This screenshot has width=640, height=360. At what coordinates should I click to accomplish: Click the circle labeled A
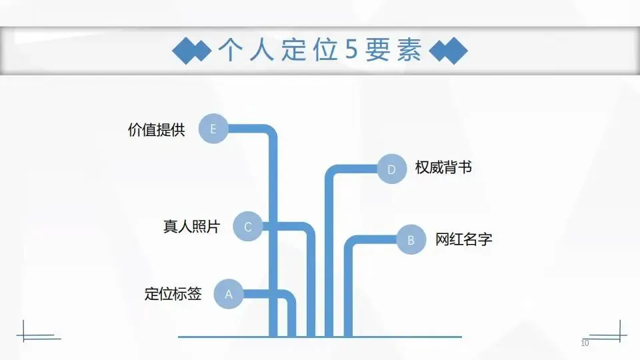[x=229, y=294]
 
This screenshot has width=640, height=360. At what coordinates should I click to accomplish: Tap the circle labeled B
[x=411, y=240]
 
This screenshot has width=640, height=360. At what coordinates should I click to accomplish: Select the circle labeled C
[x=247, y=227]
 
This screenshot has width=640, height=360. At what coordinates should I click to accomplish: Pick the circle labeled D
[x=391, y=169]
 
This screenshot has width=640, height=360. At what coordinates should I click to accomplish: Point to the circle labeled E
[x=213, y=129]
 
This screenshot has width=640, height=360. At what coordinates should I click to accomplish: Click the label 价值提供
[x=156, y=129]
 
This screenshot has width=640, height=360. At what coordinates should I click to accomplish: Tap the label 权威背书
[x=443, y=168]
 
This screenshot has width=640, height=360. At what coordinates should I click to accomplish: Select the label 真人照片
[x=191, y=227]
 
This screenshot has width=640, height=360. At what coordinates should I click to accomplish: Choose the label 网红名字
[x=464, y=239]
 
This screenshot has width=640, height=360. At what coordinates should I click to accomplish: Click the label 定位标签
[x=173, y=294]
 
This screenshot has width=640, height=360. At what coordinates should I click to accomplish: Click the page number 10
[x=585, y=343]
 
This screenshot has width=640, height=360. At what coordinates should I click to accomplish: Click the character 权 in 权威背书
[x=422, y=168]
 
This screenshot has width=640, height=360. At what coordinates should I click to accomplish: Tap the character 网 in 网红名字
[x=443, y=239]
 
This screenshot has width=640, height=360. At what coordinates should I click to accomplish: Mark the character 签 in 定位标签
[x=194, y=294]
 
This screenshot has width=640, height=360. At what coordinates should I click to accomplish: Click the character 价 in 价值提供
[x=135, y=129]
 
